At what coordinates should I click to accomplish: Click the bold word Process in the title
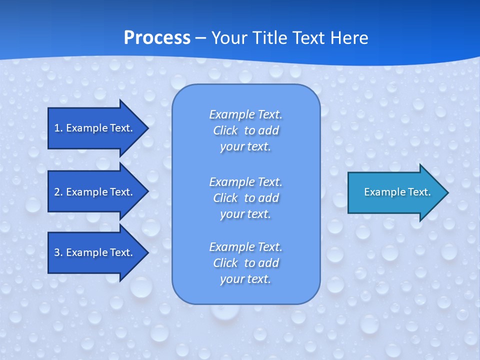157,38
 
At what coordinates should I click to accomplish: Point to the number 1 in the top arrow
57,128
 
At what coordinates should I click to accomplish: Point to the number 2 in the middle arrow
57,192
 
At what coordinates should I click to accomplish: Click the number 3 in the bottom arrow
57,252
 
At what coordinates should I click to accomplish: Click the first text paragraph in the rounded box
245,130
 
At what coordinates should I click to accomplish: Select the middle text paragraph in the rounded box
245,198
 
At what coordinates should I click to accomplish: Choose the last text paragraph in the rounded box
245,263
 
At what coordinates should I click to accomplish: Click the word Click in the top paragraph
225,131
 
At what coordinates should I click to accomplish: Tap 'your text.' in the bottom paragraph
245,279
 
